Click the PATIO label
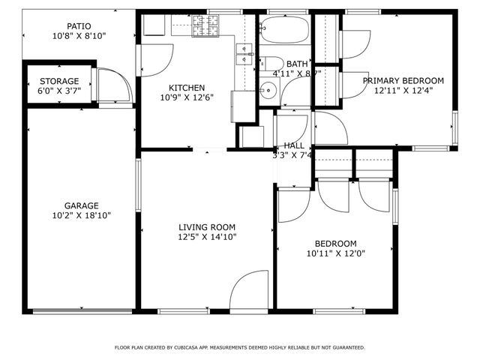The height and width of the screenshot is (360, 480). [79, 25]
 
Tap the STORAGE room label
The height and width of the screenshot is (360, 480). [59, 81]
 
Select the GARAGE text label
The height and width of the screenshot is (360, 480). [81, 205]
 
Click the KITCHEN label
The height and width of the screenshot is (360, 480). [187, 87]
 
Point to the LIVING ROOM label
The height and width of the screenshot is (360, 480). [207, 227]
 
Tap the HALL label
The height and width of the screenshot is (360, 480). [294, 145]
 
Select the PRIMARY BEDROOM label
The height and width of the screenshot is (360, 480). [403, 80]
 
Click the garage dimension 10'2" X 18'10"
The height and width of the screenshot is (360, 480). [81, 214]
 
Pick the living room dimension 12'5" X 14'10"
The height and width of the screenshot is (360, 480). [207, 237]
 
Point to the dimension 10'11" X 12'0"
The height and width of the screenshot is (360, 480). [335, 253]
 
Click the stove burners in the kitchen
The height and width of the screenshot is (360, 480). [203, 27]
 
